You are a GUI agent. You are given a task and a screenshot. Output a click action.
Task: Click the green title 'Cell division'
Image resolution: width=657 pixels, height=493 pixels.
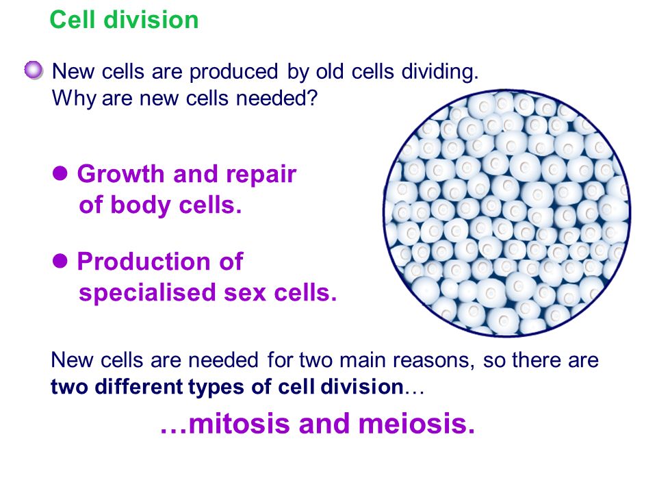pos(124,20)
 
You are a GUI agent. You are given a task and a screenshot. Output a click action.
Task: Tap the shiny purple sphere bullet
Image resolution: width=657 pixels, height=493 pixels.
pos(34,70)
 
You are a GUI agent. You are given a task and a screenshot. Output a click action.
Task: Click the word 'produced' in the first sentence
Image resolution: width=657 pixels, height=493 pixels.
pos(233,72)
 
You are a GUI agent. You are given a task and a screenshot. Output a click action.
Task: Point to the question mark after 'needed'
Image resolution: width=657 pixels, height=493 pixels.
pos(312,98)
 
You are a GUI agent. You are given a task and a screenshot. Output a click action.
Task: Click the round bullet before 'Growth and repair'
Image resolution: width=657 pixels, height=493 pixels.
pos(60,173)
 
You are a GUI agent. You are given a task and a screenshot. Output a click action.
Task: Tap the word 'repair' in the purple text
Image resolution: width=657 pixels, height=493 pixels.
pos(261,175)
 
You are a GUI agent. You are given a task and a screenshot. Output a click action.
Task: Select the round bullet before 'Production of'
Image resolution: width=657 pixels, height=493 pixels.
pos(60,261)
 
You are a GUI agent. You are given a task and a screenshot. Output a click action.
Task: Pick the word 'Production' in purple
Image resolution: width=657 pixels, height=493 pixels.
pos(145,261)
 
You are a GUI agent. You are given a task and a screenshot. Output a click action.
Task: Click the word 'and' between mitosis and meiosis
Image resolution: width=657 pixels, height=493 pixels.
pos(324,423)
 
